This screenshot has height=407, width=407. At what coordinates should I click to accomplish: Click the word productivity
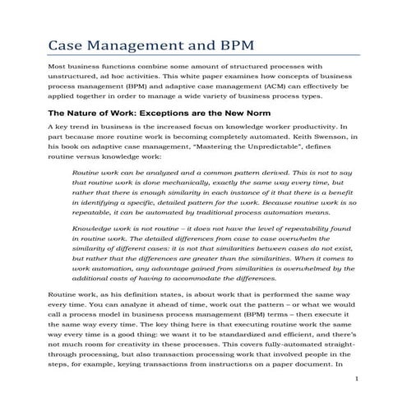[322, 128]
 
